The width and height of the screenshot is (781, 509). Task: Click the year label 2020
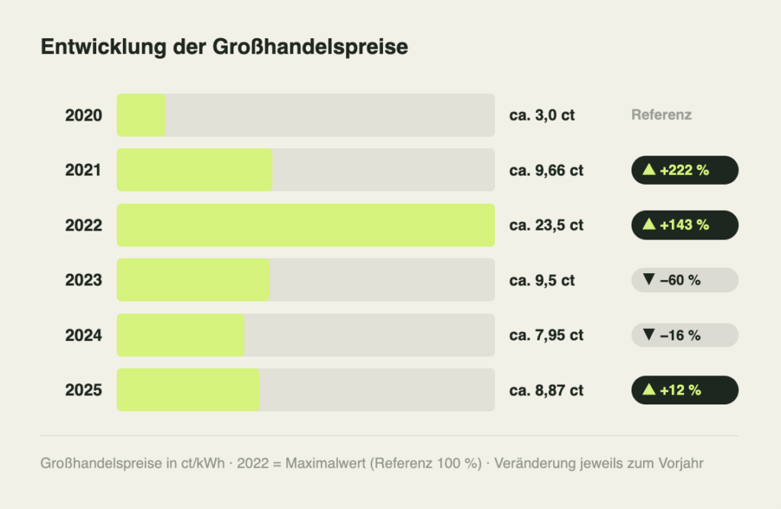click(x=83, y=115)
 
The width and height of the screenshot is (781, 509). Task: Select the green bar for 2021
click(x=194, y=170)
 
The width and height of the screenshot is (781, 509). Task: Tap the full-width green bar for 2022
click(x=305, y=225)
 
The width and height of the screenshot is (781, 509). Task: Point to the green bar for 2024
click(x=180, y=335)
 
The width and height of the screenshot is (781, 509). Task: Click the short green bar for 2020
click(x=141, y=115)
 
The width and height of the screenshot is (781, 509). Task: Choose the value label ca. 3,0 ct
click(x=542, y=115)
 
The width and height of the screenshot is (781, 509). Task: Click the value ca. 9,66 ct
click(x=546, y=170)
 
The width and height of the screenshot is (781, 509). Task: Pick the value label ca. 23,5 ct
click(x=546, y=225)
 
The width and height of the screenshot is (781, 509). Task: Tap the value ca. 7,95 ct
click(x=546, y=335)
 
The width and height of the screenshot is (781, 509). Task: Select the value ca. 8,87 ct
click(x=546, y=390)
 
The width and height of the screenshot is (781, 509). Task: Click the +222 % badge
click(x=684, y=170)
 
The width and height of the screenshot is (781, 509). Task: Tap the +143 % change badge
click(x=684, y=225)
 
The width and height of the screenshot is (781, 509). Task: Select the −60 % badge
click(x=684, y=280)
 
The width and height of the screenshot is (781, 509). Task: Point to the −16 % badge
click(x=684, y=335)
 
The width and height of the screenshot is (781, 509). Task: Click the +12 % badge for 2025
click(x=684, y=390)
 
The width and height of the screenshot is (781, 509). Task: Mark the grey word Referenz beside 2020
click(x=661, y=115)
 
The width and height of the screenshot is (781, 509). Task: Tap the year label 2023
click(x=83, y=280)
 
